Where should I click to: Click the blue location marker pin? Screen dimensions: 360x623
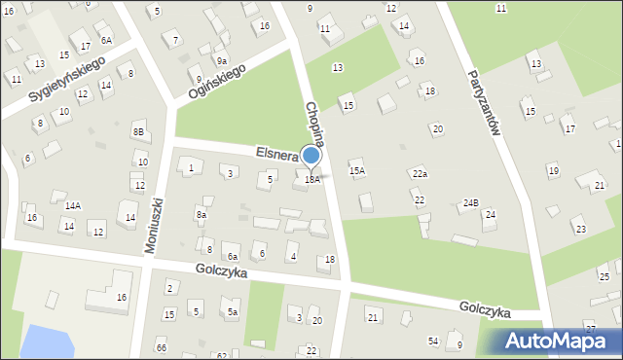[x=311, y=156]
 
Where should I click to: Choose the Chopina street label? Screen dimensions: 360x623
[x=315, y=125]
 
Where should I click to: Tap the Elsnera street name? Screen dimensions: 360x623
[x=276, y=153]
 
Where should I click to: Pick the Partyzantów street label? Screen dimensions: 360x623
[x=484, y=104]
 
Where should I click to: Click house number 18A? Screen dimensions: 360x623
[x=311, y=179]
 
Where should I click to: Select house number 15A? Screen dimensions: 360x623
[x=357, y=170]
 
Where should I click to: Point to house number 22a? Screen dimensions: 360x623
[x=420, y=173]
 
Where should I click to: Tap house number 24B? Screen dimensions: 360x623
[x=471, y=202]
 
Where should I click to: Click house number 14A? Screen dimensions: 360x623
[x=73, y=205]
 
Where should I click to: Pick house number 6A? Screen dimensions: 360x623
[x=106, y=40]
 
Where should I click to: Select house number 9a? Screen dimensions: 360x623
[x=222, y=60]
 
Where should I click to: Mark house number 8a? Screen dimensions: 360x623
[x=202, y=214]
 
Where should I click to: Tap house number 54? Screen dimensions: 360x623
[x=433, y=340]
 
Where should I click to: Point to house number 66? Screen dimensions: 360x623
[x=162, y=347]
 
